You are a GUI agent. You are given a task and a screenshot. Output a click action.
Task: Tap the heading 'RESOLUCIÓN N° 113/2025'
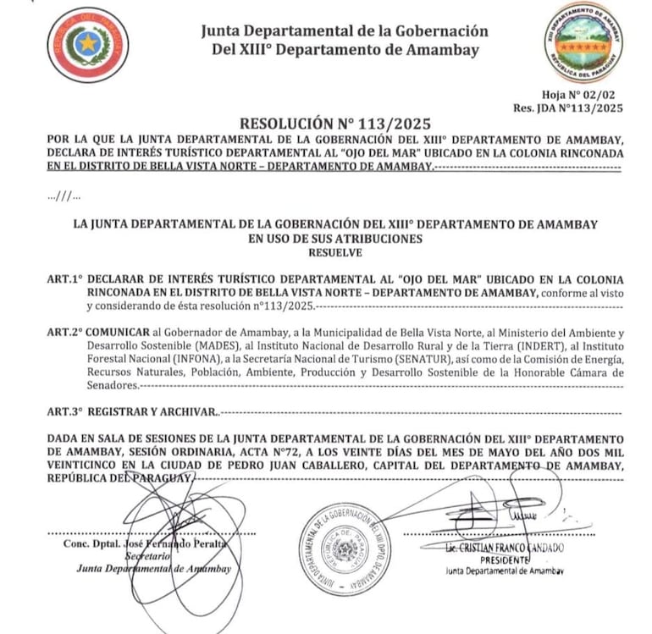click(x=324, y=124)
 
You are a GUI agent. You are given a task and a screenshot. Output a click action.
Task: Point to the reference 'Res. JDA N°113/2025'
click(x=567, y=108)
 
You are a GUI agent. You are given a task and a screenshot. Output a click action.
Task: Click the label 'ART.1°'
click(x=66, y=279)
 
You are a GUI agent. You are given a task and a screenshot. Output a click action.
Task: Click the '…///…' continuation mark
click(x=64, y=196)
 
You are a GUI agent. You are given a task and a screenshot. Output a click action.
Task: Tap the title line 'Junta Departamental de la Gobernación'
click(x=345, y=31)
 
